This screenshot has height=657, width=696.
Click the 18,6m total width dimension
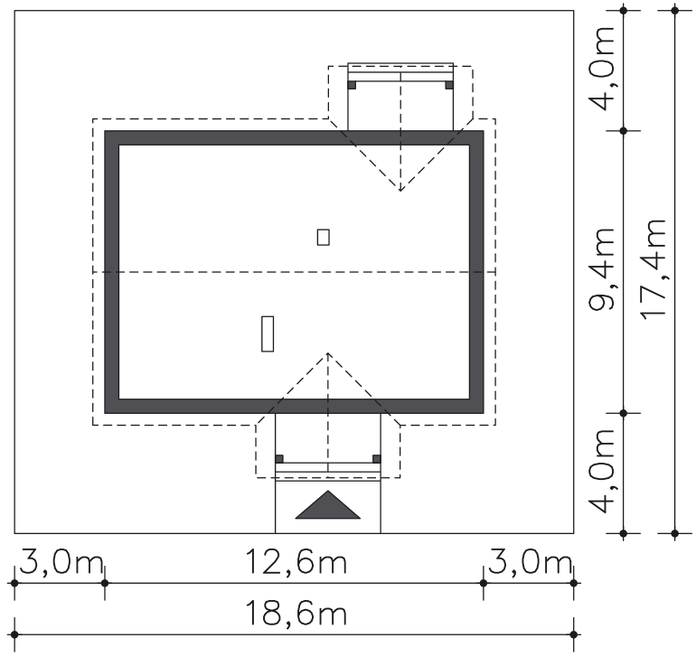296,613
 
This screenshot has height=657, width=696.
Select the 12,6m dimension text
296,561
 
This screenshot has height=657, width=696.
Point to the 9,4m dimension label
601,269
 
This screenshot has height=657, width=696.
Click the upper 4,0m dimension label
601,68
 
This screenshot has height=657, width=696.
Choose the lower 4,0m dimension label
601,471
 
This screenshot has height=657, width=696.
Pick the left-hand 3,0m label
61,562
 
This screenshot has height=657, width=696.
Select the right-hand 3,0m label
530,562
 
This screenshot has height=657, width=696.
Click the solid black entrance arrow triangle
327,508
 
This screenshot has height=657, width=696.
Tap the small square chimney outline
324,237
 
